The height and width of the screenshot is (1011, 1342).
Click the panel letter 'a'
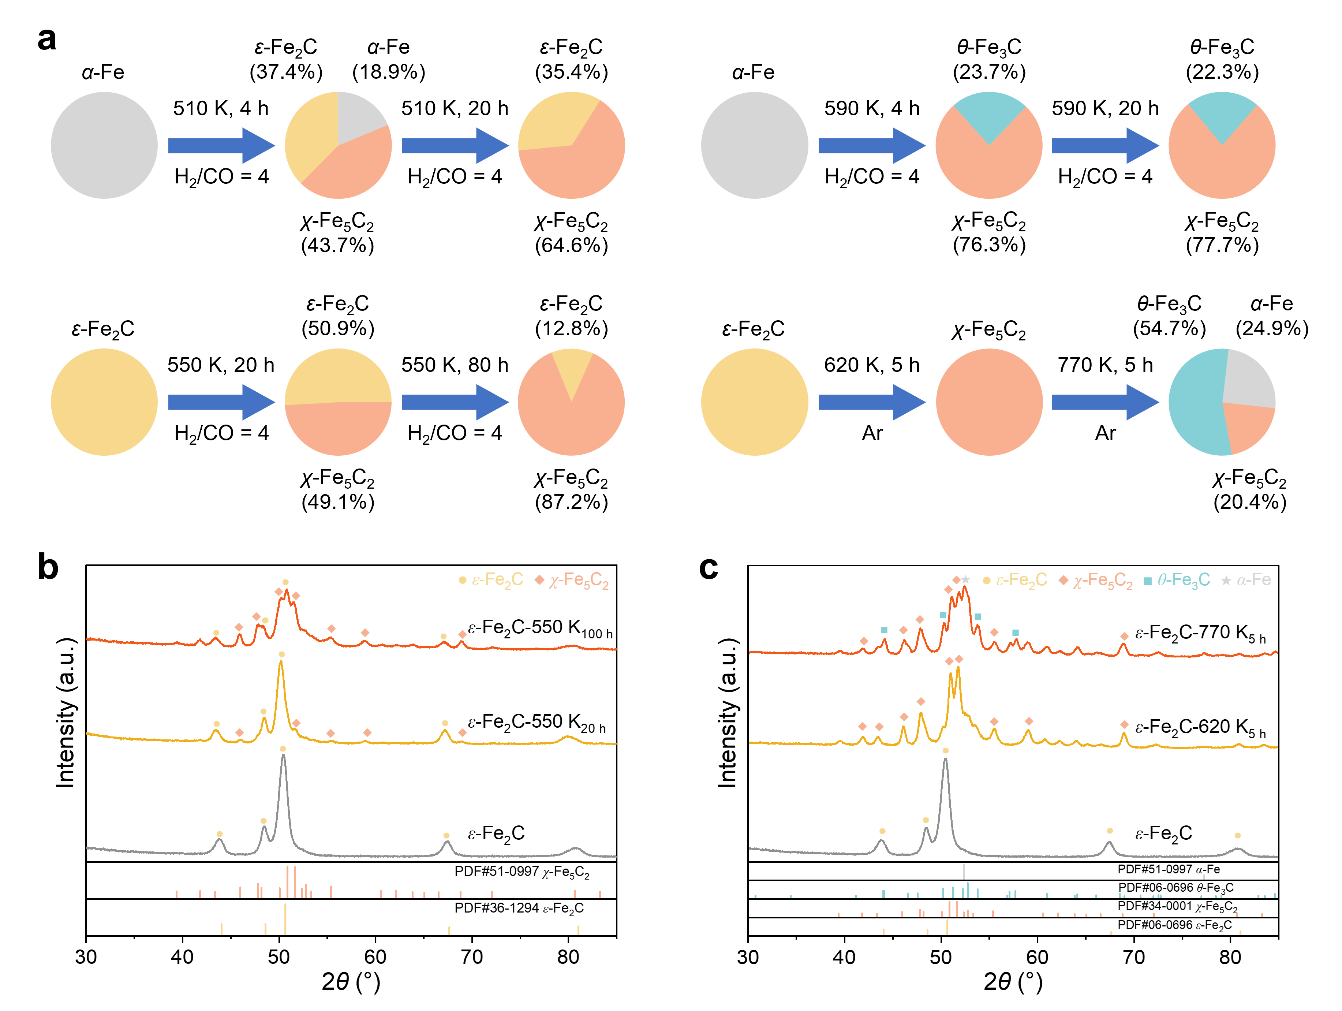coord(47,40)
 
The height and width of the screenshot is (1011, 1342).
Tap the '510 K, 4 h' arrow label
coord(221,109)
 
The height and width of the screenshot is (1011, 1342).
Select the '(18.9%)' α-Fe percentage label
coord(389,72)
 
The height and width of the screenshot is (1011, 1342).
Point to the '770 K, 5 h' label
coord(1105,365)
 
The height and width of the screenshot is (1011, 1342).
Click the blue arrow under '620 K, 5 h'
coord(872,402)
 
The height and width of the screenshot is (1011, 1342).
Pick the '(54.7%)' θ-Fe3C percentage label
coord(1169,329)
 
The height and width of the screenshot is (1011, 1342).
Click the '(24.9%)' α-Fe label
coord(1272,329)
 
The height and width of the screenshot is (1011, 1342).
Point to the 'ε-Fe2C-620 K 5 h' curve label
coord(1200,728)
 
